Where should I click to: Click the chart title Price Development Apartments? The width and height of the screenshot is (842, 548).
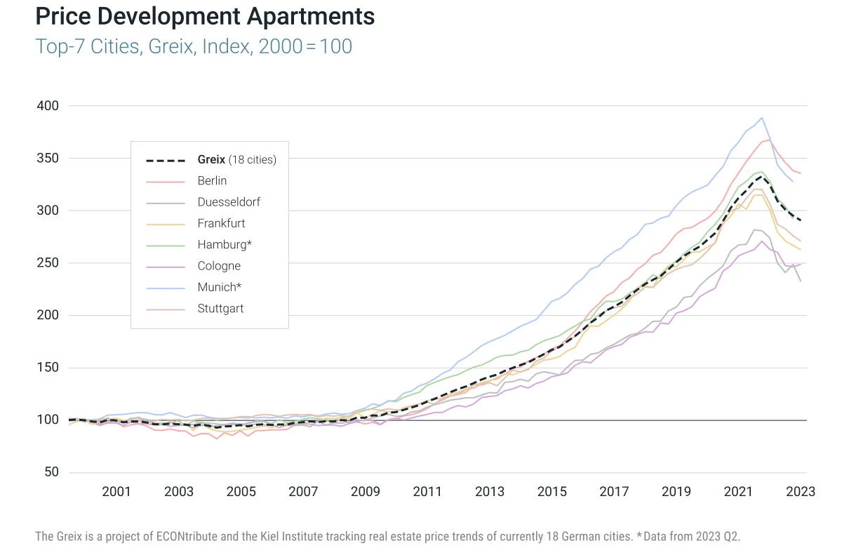coord(205,17)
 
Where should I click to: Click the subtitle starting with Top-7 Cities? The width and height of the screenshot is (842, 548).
coord(194,47)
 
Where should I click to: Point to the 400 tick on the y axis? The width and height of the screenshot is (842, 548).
coord(47,106)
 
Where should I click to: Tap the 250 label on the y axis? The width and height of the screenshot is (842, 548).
coord(47,263)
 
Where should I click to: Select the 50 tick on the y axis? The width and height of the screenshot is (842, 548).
coord(51,472)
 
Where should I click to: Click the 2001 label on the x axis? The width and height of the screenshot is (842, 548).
coord(116,492)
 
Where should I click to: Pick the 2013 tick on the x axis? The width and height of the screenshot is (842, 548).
coord(490,492)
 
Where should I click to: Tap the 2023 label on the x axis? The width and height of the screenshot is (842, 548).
coord(801,492)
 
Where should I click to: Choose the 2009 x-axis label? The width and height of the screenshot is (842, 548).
coord(365,492)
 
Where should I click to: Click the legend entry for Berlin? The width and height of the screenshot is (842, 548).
coord(212,181)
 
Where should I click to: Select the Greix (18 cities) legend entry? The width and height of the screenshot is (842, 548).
coord(236,160)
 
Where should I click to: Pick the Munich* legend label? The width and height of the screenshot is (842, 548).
coord(220,287)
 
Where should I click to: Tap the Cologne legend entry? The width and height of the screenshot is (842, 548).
coord(219,266)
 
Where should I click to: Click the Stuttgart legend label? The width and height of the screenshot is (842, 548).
coord(220,308)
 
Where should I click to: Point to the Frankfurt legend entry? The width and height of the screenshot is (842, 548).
coord(221,223)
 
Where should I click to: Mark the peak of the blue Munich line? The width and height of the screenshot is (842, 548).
coord(762,118)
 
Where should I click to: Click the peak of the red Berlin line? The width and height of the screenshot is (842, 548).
coord(769,140)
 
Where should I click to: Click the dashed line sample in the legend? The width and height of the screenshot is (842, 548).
coord(166,160)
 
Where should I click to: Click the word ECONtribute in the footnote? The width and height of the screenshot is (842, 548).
coord(196,537)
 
